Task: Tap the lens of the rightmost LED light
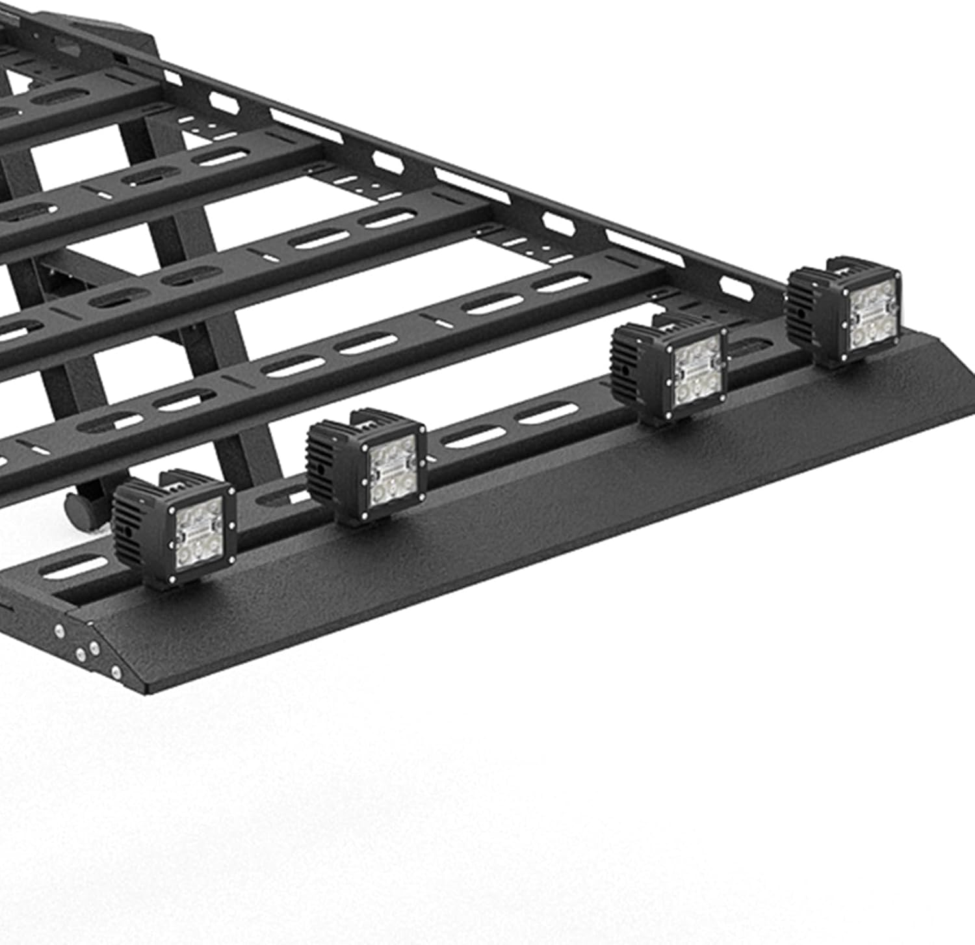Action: [872, 313]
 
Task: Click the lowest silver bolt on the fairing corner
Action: [116, 671]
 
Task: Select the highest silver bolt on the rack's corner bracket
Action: [60, 630]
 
